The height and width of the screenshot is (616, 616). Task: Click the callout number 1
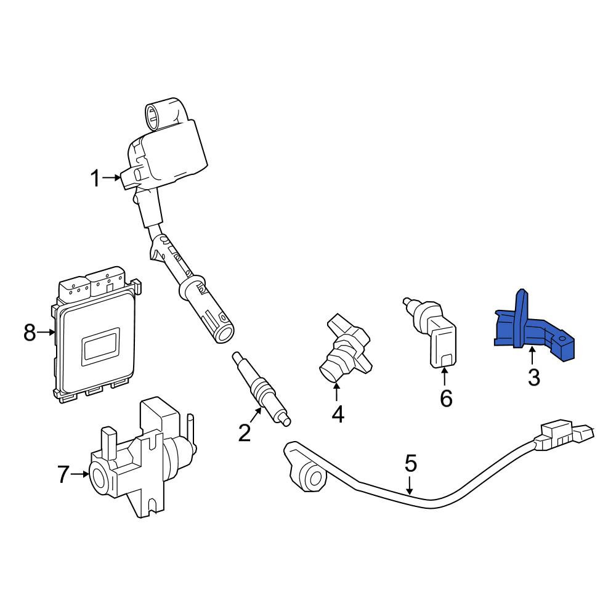[x=95, y=178]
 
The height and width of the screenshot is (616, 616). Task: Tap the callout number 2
[x=245, y=432]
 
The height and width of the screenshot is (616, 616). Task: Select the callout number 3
[x=534, y=377]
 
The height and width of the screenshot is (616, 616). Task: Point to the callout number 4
[x=338, y=414]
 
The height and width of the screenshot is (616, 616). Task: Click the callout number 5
[x=410, y=463]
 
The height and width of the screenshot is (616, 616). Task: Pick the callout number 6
[x=446, y=399]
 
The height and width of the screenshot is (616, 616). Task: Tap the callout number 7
[x=63, y=474]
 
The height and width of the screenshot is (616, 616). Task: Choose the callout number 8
[x=30, y=333]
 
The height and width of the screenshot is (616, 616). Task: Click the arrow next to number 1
[x=111, y=178]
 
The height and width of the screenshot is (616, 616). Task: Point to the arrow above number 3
[x=532, y=356]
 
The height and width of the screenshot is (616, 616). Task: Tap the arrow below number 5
[x=410, y=485]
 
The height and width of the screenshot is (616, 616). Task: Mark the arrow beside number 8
[x=46, y=333]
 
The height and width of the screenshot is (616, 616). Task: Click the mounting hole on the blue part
[x=562, y=338]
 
